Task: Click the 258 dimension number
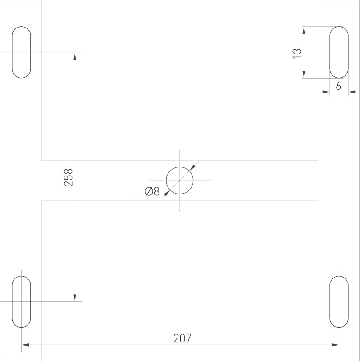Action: click(x=68, y=177)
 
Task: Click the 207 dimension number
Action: click(x=182, y=338)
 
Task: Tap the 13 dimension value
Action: click(x=297, y=52)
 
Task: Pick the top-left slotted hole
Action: click(x=21, y=52)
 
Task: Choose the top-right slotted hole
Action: click(x=339, y=52)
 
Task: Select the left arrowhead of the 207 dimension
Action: click(x=25, y=345)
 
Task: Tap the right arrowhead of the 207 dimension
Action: click(x=335, y=345)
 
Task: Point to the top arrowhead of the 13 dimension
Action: click(x=304, y=30)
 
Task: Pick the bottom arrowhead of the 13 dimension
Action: click(x=304, y=74)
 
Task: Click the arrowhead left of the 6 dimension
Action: click(x=326, y=92)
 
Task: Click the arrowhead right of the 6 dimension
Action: click(x=352, y=92)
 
